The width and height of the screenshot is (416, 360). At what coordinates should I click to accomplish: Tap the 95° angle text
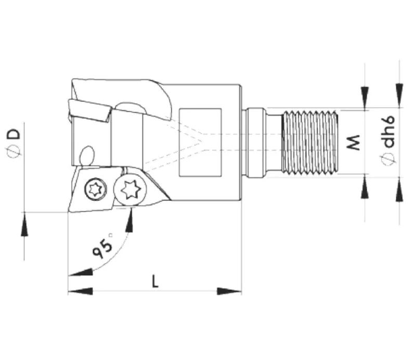102,248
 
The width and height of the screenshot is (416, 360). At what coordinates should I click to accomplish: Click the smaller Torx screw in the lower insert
96,188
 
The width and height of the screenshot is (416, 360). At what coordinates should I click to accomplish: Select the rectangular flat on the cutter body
200,142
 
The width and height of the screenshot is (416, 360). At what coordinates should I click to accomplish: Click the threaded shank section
310,142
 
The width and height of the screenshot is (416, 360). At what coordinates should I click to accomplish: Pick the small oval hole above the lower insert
87,155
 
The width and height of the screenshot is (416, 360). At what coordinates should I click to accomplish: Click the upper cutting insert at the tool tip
89,110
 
